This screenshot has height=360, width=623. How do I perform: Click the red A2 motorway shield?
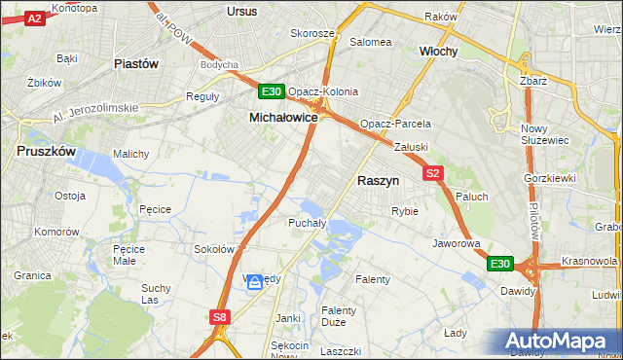click(x=34, y=18)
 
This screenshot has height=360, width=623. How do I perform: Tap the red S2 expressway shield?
click(x=434, y=173)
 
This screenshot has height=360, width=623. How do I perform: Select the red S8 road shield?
click(x=220, y=316)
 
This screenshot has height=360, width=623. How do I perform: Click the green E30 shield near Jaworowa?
click(x=499, y=264)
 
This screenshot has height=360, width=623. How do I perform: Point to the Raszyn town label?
click(x=378, y=180)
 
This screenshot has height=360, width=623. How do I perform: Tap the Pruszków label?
click(x=46, y=151)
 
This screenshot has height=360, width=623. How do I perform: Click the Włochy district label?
click(x=438, y=51)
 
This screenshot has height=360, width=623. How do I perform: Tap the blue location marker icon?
click(x=255, y=282)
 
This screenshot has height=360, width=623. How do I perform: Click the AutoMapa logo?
click(x=559, y=342)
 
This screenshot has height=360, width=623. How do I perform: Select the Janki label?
click(x=288, y=318)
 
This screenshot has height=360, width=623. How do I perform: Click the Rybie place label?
click(x=404, y=211)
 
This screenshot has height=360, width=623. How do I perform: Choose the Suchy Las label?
click(x=156, y=294)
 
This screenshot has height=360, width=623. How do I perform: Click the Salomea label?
click(x=370, y=42)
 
